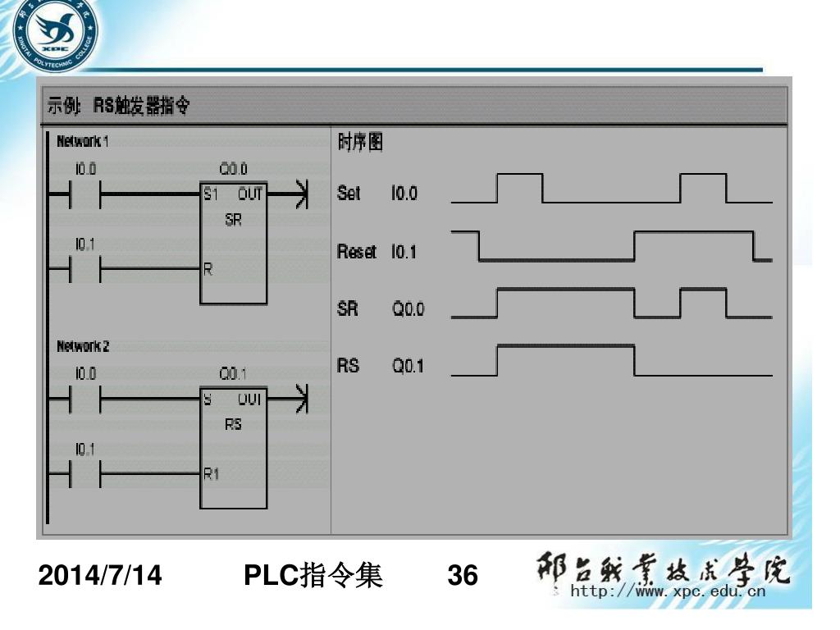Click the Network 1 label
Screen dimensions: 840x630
(82, 142)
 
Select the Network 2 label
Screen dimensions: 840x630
(82, 346)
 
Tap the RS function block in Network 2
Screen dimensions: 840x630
(233, 447)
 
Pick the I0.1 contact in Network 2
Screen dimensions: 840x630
(85, 474)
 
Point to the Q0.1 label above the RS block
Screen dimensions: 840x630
(233, 374)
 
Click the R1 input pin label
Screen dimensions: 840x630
(212, 474)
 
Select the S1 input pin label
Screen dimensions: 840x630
(212, 195)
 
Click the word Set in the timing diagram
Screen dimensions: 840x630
(349, 194)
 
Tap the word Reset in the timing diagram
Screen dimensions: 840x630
(357, 252)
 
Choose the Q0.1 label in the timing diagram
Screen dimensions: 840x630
(408, 367)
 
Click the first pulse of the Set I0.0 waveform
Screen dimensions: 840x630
(519, 187)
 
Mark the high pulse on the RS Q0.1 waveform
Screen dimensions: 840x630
(566, 358)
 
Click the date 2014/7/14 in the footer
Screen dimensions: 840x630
(100, 577)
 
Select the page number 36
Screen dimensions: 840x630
(463, 577)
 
